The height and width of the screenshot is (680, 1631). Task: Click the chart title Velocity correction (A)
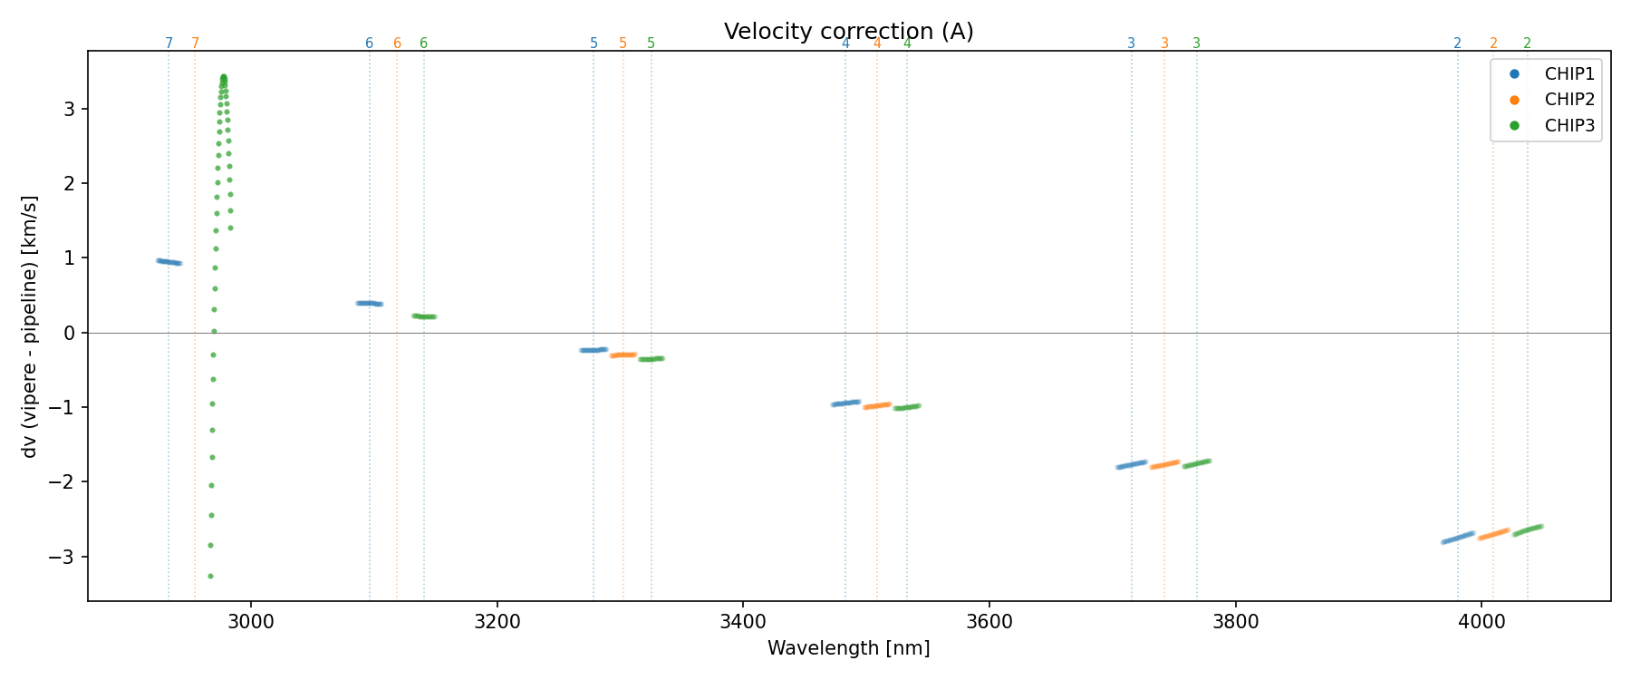[x=848, y=32]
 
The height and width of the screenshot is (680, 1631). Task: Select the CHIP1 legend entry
[x=1568, y=74]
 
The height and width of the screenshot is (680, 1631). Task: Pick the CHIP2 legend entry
[x=1568, y=100]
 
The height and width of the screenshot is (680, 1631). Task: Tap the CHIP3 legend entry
[x=1568, y=126]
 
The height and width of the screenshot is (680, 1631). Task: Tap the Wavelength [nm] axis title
[x=848, y=648]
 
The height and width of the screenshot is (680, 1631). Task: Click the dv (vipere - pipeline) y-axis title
[x=30, y=326]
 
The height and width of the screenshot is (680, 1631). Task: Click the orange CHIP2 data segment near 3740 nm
[x=1164, y=464]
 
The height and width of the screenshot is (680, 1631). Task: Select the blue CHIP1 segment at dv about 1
[x=169, y=262]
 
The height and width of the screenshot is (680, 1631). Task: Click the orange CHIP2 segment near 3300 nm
[x=622, y=355]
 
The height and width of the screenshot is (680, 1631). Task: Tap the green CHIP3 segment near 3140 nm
[x=424, y=316]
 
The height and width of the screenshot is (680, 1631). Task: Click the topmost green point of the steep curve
[x=224, y=77]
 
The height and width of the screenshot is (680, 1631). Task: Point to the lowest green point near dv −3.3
[x=210, y=576]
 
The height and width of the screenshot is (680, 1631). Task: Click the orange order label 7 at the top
[x=195, y=44]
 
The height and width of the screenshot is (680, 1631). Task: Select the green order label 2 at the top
[x=1527, y=44]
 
